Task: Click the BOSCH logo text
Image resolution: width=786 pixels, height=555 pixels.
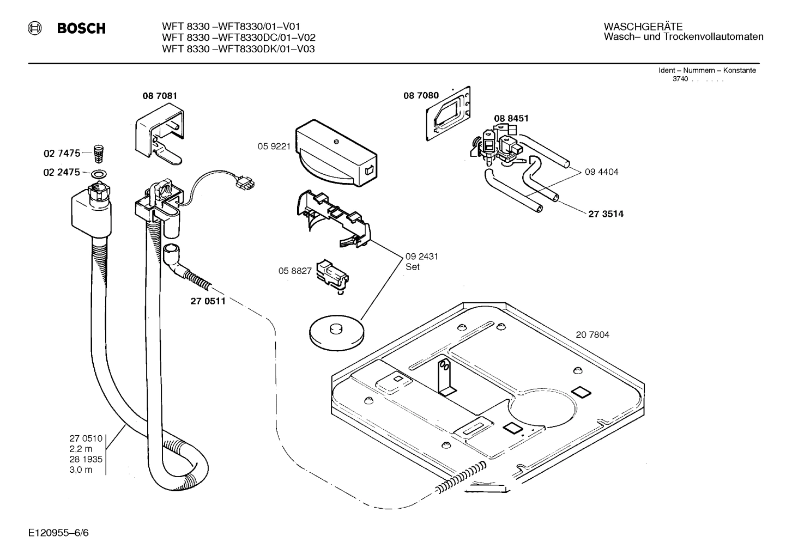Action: point(81,29)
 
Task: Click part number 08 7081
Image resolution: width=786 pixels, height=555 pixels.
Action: point(160,96)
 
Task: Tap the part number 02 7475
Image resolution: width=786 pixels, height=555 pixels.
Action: point(62,154)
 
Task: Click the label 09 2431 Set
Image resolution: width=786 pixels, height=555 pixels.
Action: point(421,261)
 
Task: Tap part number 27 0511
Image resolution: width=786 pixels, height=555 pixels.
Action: point(208,301)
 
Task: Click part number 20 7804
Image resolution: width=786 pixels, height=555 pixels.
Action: point(592,334)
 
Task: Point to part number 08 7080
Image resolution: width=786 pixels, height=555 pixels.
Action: point(421,96)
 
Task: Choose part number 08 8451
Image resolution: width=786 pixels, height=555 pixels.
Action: point(511,118)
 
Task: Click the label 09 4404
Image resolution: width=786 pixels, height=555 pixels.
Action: point(601,172)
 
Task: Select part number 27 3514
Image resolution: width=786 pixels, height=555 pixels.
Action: point(606,214)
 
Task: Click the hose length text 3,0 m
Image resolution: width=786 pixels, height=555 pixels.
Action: point(81,469)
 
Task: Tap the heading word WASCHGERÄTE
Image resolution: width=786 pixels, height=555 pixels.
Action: point(643,27)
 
